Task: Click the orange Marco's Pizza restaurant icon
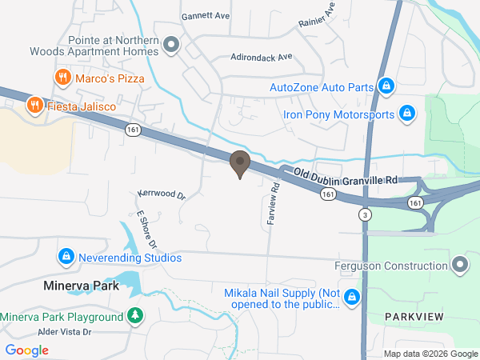coord(62,78)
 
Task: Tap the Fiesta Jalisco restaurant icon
coord(34,105)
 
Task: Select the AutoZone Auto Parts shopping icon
coord(386,86)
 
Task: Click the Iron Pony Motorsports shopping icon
coord(406,114)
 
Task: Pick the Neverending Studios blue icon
coord(66,258)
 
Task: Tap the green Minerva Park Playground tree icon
coord(136,316)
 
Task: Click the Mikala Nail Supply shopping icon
coord(352,298)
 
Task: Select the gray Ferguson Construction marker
coord(459,265)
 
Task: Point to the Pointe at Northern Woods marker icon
coord(170,45)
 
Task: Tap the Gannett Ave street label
coord(206,15)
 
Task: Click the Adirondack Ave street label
coord(262,58)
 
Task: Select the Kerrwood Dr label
coord(162,194)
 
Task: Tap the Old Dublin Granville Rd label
coord(346,177)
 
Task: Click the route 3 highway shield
coord(365,215)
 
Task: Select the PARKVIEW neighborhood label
coord(414,318)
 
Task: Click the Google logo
coord(27,350)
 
